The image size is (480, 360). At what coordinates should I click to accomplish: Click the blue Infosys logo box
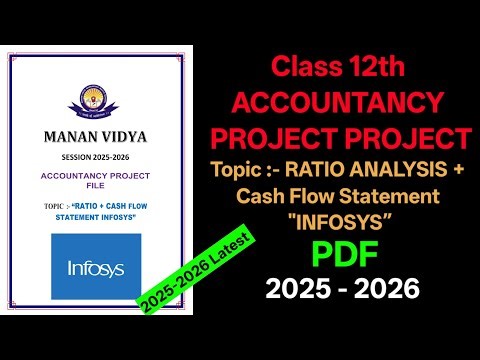coord(98,267)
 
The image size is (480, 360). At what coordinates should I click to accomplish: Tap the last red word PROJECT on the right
coord(411,136)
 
